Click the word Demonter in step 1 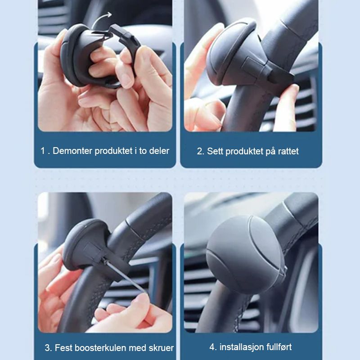72,151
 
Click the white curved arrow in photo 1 100,19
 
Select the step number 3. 48,348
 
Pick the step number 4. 212,347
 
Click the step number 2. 200,151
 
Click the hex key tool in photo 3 124,275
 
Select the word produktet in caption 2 244,151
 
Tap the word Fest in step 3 63,348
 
